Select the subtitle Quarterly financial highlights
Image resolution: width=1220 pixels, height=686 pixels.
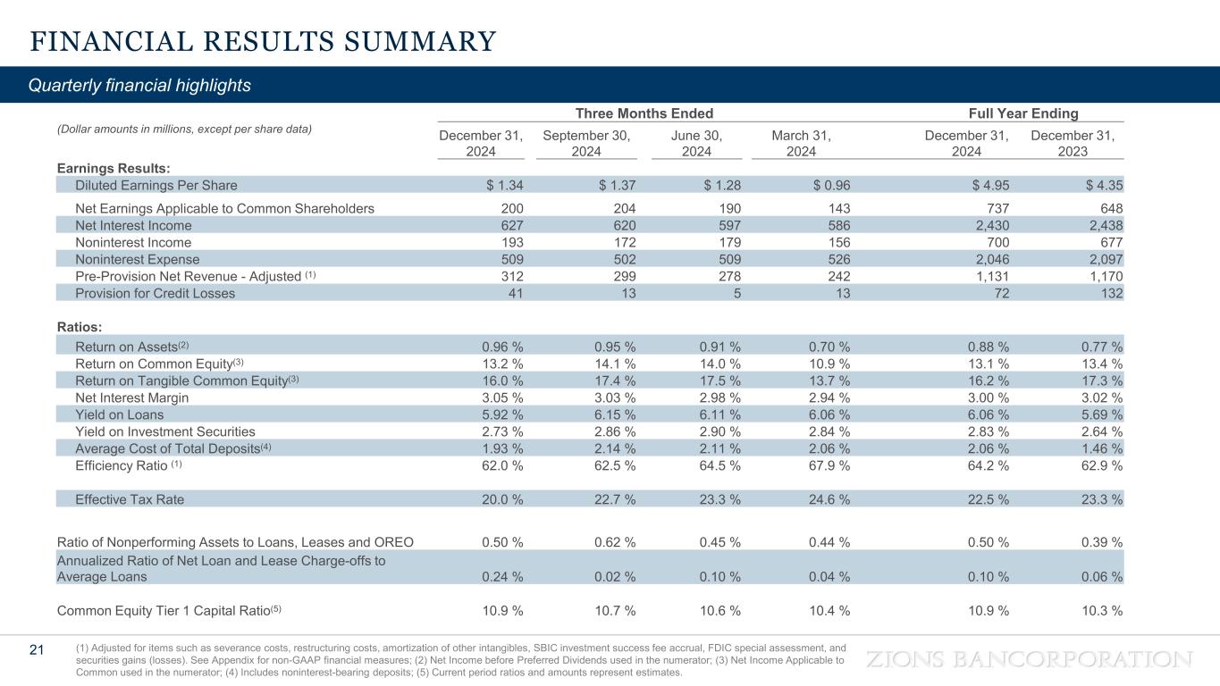139,86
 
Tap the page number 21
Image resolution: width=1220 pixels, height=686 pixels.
37,650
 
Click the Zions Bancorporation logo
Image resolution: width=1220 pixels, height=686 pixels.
1031,659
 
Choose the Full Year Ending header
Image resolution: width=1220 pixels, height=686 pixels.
1023,113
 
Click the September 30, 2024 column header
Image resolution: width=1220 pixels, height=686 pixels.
585,144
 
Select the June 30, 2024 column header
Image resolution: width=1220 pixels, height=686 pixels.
696,144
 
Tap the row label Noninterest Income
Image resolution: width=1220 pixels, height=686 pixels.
133,242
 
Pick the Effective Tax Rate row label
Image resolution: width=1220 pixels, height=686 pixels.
130,499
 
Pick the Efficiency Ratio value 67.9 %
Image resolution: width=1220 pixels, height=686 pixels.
823,465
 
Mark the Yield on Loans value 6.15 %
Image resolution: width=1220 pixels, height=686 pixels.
615,414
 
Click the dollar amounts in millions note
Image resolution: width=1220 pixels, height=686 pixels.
184,130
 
